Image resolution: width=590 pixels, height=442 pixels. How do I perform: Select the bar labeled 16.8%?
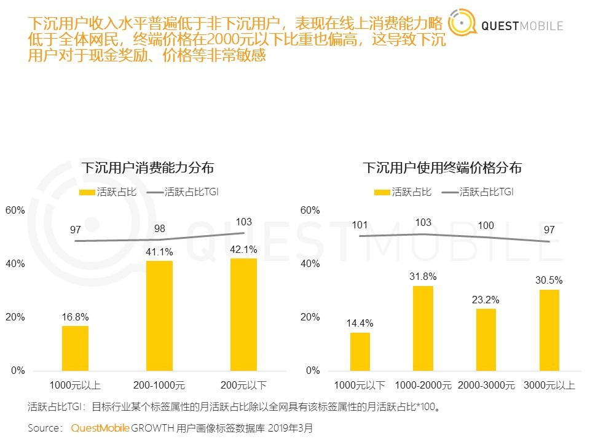pyautogui.click(x=75, y=348)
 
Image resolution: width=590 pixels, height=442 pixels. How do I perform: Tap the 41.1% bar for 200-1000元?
pyautogui.click(x=159, y=316)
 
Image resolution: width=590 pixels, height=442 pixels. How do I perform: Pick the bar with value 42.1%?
pyautogui.click(x=244, y=314)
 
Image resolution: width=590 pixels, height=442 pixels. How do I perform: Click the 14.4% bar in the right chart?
pyautogui.click(x=360, y=351)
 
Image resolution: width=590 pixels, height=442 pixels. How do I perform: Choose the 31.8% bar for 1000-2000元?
pyautogui.click(x=423, y=328)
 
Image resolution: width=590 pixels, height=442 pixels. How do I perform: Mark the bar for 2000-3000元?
pyautogui.click(x=486, y=339)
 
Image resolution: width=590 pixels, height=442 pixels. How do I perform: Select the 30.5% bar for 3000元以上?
pyautogui.click(x=549, y=330)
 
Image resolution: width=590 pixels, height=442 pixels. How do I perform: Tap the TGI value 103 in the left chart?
pyautogui.click(x=244, y=222)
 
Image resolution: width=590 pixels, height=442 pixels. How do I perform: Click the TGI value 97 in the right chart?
pyautogui.click(x=549, y=230)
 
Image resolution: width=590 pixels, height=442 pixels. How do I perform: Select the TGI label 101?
pyautogui.click(x=360, y=225)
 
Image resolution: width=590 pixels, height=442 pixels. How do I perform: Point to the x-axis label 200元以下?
pyautogui.click(x=244, y=386)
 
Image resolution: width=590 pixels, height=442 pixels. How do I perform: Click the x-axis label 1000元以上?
pyautogui.click(x=75, y=386)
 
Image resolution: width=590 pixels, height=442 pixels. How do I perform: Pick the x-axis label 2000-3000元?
pyautogui.click(x=486, y=386)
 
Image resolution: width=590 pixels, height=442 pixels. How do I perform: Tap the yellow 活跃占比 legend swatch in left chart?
pyautogui.click(x=87, y=192)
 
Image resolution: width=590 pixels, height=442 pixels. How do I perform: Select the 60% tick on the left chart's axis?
pyautogui.click(x=15, y=210)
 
